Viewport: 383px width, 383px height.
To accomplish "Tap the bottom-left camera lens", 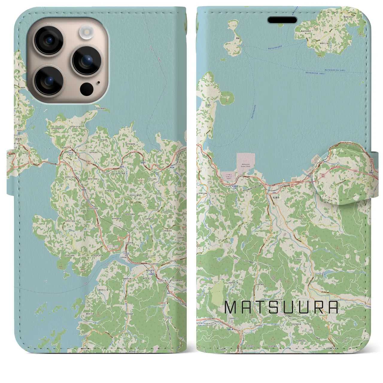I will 48,80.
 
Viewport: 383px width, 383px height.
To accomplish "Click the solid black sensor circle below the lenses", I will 86,89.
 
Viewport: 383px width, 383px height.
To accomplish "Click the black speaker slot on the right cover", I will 282,20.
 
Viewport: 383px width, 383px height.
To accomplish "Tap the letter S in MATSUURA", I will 273,307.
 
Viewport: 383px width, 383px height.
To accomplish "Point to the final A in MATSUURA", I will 333,307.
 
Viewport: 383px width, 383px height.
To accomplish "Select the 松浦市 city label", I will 276,197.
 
